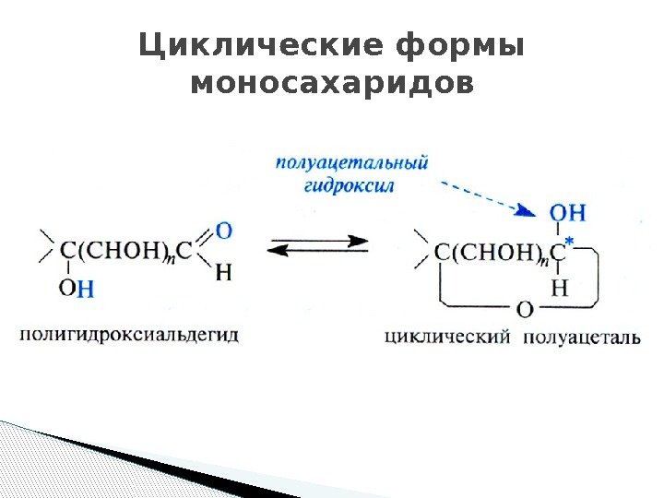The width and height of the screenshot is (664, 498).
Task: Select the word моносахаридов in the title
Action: (331, 84)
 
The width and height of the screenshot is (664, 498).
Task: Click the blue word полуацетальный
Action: (351, 163)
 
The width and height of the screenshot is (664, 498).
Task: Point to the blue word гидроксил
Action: (348, 185)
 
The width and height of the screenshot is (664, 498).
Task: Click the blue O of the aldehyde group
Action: (223, 230)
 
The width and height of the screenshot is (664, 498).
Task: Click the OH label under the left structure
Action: (77, 288)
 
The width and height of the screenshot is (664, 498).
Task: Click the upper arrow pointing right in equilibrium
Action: (318, 240)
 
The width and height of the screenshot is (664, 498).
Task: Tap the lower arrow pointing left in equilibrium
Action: (318, 254)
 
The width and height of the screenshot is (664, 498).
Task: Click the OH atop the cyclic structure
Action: (567, 213)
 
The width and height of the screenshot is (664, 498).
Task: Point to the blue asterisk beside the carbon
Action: (569, 243)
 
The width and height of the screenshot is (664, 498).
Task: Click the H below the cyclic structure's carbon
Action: (559, 288)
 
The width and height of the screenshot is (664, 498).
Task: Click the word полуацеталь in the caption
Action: (580, 337)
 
